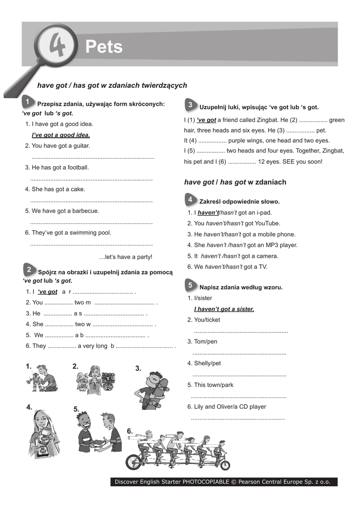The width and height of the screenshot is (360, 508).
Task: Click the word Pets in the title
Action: [104, 47]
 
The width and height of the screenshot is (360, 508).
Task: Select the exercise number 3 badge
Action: [190, 105]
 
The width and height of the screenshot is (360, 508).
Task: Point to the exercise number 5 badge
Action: [190, 285]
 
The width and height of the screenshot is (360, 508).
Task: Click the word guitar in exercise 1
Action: [81, 146]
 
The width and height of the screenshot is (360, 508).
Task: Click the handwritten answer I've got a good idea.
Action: [61, 135]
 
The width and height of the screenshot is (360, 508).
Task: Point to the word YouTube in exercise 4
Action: [268, 224]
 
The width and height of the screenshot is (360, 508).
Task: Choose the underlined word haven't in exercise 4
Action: [208, 213]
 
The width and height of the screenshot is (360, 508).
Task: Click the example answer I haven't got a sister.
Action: [224, 309]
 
